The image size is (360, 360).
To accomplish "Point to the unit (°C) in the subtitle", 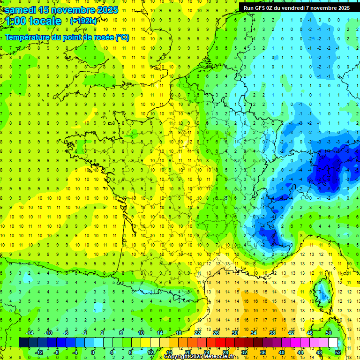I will [x=122, y=37].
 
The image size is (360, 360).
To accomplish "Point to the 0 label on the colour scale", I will [x=93, y=352].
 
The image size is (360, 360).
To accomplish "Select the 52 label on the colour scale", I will [x=337, y=352].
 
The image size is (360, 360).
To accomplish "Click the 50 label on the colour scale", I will [x=328, y=332].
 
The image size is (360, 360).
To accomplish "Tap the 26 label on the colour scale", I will [x=216, y=332].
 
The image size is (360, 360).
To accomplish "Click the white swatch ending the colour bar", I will [x=333, y=342].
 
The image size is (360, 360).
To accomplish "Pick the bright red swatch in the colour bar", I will [x=220, y=342].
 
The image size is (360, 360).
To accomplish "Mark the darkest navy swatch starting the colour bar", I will [x=23, y=342].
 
